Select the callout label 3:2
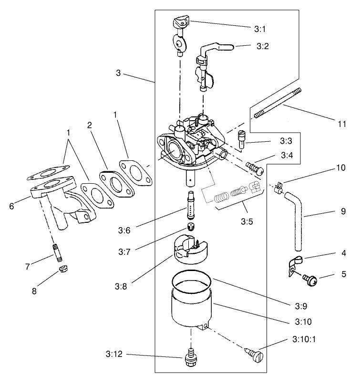[263, 47]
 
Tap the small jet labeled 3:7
[191, 225]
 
